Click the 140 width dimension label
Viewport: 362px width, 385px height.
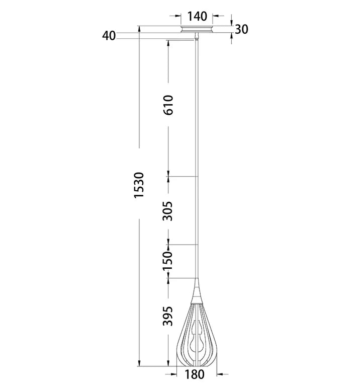tap(197, 17)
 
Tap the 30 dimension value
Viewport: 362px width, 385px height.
tap(241, 29)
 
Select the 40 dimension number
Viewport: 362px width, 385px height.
tap(109, 36)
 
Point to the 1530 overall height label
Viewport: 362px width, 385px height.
tap(139, 185)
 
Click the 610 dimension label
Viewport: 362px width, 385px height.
tap(168, 105)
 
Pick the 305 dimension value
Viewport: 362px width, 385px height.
tap(168, 211)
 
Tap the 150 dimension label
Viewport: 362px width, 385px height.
tap(168, 261)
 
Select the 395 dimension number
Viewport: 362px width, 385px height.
tap(168, 316)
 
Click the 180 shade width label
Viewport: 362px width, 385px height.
tap(194, 375)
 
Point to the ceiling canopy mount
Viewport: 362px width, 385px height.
tap(197, 29)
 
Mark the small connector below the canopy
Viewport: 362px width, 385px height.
tap(197, 36)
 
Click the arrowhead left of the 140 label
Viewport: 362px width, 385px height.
tap(178, 16)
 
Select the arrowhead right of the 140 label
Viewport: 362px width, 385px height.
tap(215, 16)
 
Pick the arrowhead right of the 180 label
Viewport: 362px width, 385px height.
tap(220, 374)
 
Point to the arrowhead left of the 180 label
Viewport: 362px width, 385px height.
tap(174, 374)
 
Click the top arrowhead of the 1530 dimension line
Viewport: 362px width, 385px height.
tap(139, 29)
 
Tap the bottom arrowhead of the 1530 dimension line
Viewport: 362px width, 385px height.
tap(139, 363)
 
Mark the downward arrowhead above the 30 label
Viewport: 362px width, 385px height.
tap(231, 23)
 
